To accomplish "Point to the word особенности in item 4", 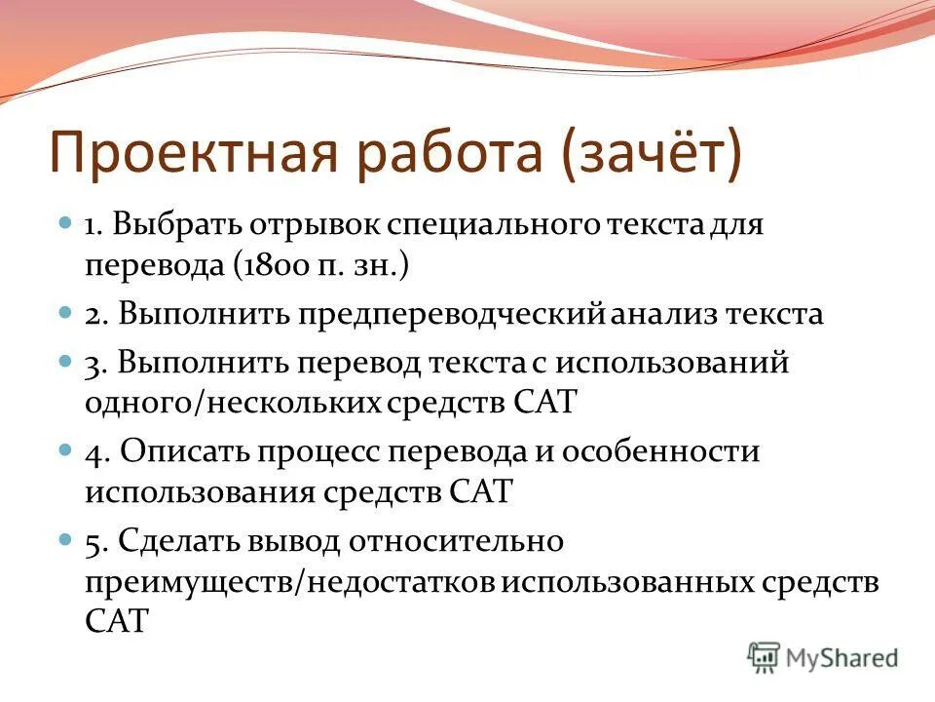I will click(x=674, y=451).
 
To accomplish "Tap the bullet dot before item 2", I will click(x=65, y=314).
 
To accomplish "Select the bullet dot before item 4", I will click(x=65, y=450).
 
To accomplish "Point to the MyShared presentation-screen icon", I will click(x=765, y=658).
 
